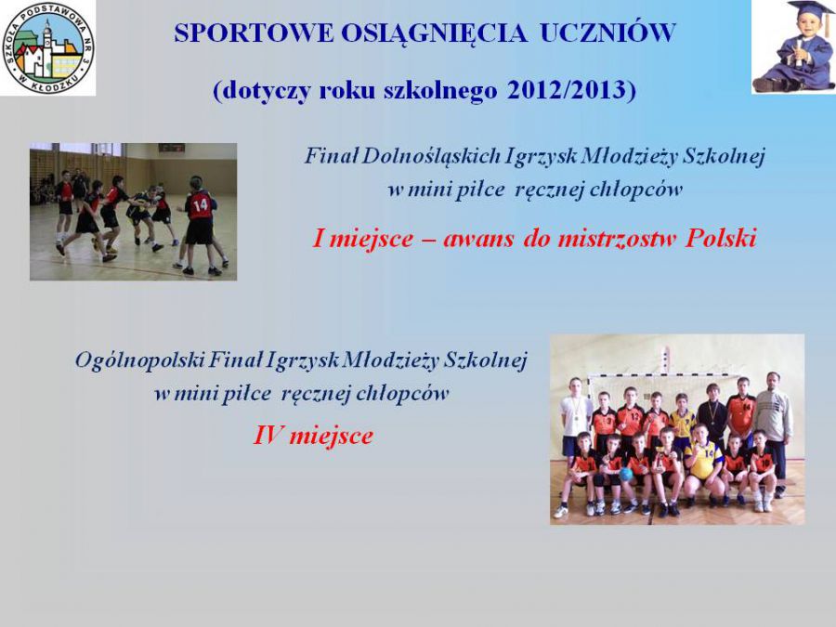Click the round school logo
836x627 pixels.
(48, 48)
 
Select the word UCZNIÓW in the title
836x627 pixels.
(607, 33)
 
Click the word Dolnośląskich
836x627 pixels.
(431, 157)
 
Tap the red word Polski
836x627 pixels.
(721, 239)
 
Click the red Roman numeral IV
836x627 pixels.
(268, 436)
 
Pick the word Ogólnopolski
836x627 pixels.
(139, 361)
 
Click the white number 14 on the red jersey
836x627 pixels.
(201, 204)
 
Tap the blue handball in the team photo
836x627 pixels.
(626, 474)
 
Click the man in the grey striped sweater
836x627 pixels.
(773, 432)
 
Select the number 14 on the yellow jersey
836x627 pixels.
(709, 453)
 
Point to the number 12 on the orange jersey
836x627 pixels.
(634, 414)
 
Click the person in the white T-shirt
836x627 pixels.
(574, 421)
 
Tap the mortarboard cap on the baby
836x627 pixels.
(810, 9)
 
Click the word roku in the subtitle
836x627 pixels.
(348, 90)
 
